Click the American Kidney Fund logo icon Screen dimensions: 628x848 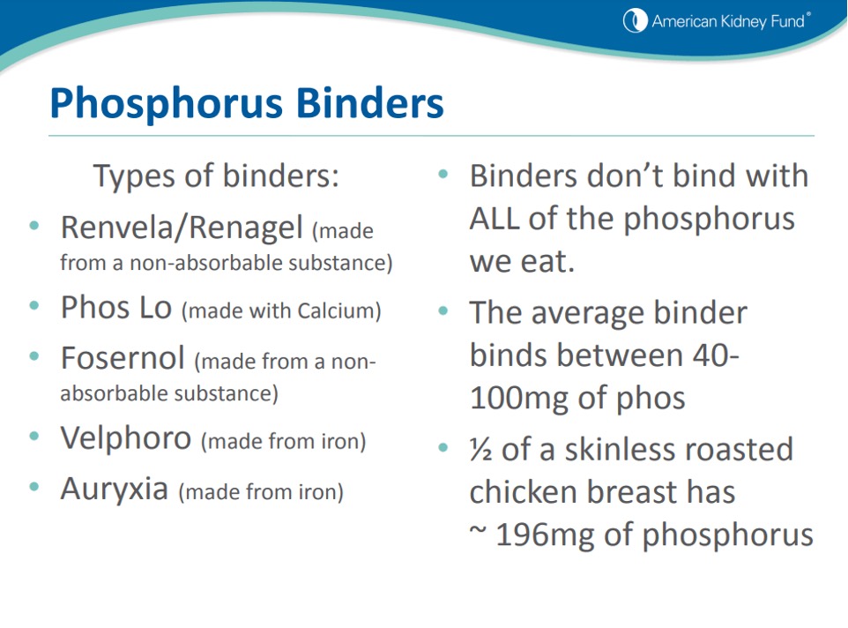[635, 21]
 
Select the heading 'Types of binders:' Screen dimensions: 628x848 [216, 176]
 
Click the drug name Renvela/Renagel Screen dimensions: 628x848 [181, 228]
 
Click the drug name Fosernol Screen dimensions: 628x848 [123, 359]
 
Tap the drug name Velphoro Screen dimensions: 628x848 [125, 437]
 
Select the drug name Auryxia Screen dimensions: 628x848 [114, 489]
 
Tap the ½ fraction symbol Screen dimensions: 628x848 [481, 450]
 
